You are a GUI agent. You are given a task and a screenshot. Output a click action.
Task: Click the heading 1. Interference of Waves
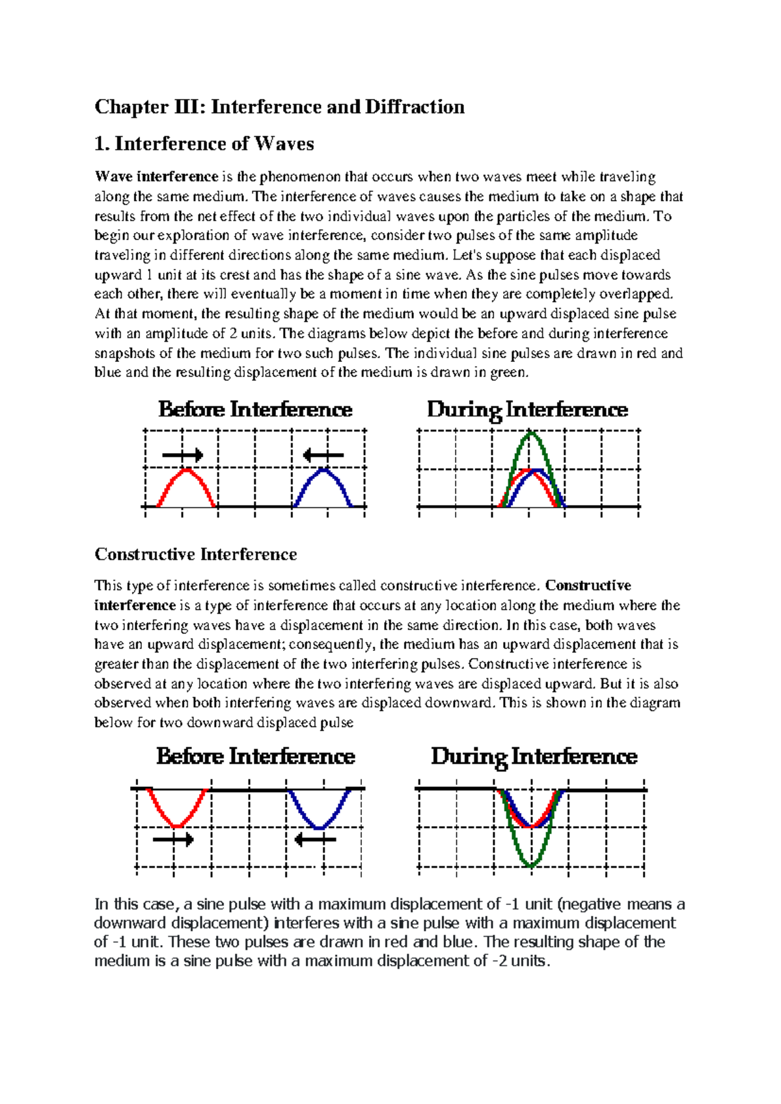click(204, 144)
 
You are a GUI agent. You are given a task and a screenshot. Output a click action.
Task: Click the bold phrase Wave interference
click(156, 177)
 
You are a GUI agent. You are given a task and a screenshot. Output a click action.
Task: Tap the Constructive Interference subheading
click(196, 555)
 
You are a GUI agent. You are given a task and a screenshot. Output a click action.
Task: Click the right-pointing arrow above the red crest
click(183, 455)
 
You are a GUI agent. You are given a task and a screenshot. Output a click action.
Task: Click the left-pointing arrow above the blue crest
click(323, 455)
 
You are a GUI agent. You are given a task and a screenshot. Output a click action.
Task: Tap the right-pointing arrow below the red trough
click(173, 839)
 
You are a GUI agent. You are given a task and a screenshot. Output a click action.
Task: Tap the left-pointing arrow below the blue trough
click(315, 839)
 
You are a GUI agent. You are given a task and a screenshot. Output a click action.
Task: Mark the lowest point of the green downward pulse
click(532, 865)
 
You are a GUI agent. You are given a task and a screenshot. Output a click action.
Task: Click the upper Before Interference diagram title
click(255, 409)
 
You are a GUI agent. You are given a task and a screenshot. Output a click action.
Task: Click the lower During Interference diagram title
click(534, 756)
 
